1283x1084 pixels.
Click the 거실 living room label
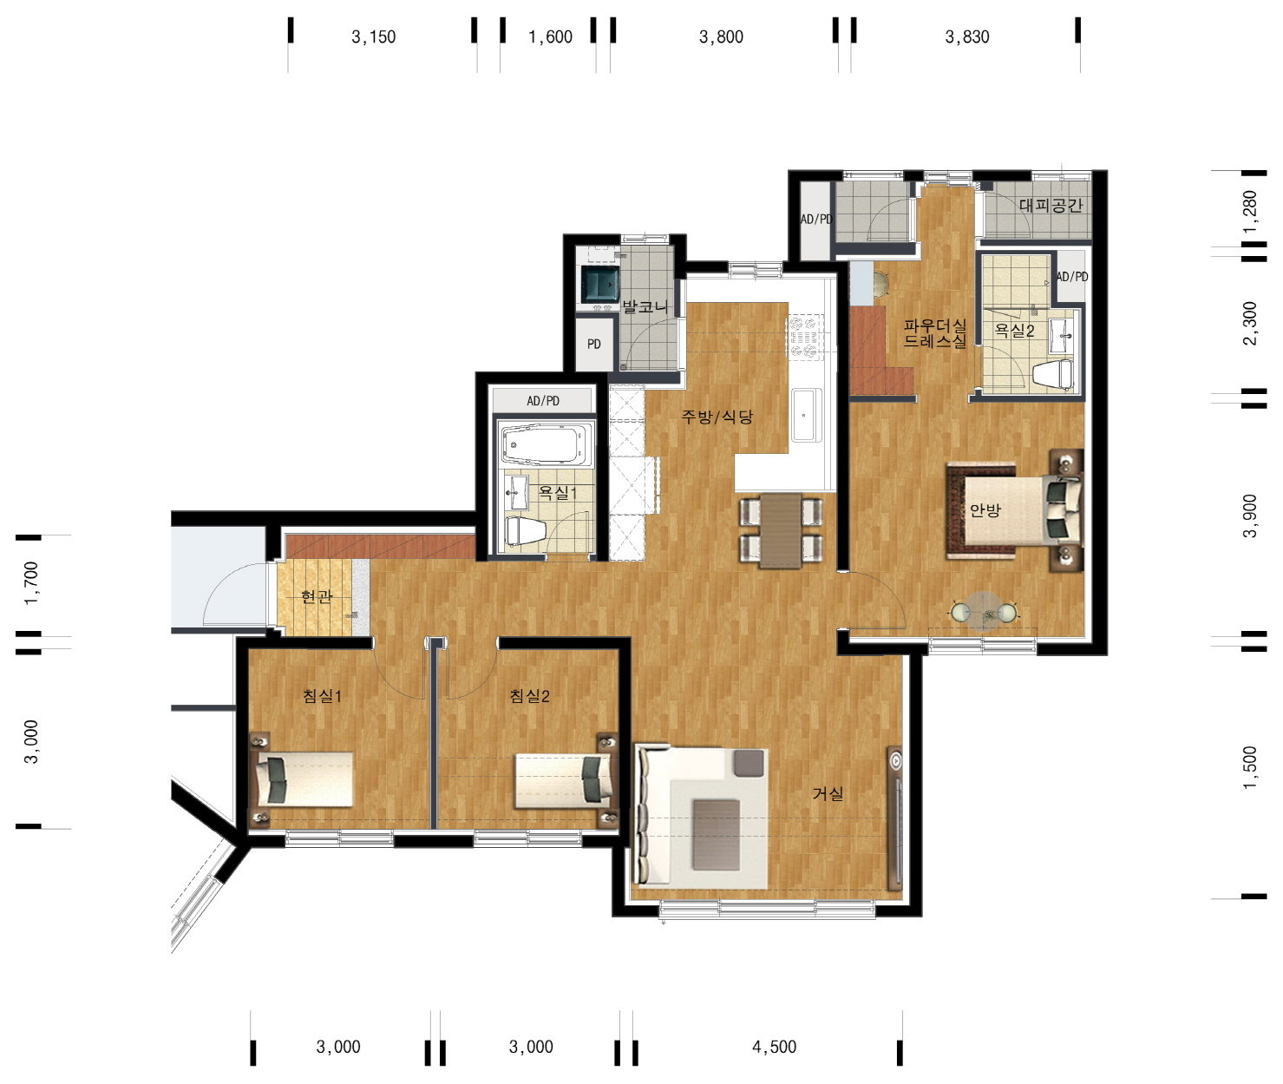click(828, 794)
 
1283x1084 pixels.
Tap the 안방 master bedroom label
click(985, 509)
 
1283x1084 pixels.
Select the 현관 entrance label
click(317, 596)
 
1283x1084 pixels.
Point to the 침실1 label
click(322, 696)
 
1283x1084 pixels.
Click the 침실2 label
click(530, 696)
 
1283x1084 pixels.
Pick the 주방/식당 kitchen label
click(717, 417)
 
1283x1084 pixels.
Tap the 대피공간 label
click(1051, 206)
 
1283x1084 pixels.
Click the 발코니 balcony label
click(645, 306)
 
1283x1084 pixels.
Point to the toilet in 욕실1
click(526, 531)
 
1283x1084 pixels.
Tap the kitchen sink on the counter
click(806, 415)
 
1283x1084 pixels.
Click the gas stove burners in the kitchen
click(804, 337)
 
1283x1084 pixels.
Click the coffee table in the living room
click(716, 834)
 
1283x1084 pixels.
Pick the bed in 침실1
click(304, 779)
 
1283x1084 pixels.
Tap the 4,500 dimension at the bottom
click(774, 1047)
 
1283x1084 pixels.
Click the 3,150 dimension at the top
click(374, 37)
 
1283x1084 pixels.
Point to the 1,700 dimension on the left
click(30, 583)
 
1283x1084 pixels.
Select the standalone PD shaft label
click(593, 345)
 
